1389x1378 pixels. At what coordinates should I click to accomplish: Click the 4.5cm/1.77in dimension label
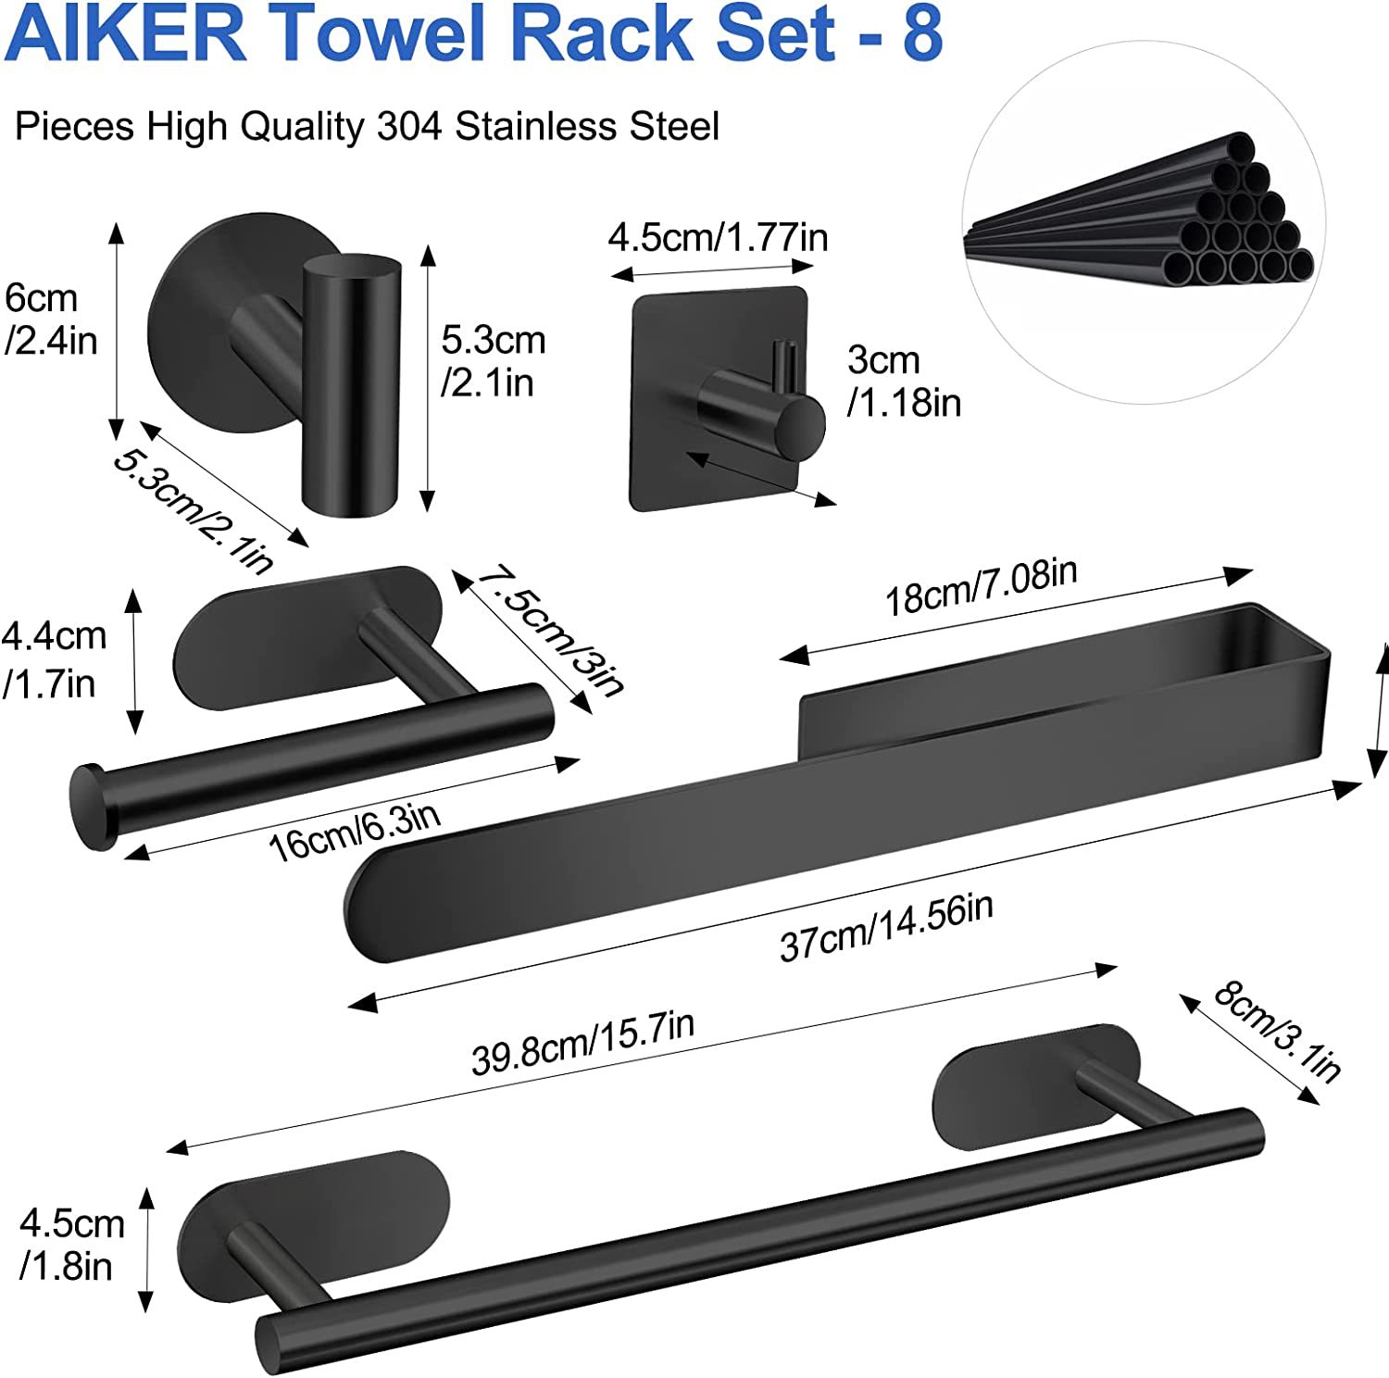coord(718,238)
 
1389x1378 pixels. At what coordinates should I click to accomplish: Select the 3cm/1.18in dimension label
coord(904,381)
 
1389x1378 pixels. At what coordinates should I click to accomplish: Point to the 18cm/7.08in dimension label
coord(982,587)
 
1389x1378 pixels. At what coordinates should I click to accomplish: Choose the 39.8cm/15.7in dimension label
coord(582,1043)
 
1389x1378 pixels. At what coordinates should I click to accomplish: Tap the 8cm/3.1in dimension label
coord(1277,1031)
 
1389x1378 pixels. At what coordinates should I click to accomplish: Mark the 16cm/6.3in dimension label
coord(354,831)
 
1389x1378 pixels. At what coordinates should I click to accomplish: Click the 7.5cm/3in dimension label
coord(552,630)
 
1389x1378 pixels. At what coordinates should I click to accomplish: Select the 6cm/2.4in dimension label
coord(51,319)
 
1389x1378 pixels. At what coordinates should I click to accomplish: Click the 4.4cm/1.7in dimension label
coord(54,659)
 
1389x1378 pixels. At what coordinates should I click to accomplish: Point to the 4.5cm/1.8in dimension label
coord(71,1244)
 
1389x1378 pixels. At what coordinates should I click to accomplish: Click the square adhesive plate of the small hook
coord(719,399)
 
